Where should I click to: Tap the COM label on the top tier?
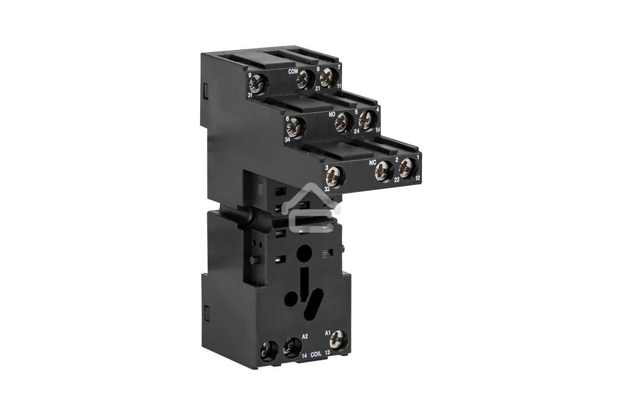(x=293, y=72)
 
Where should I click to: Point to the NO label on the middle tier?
(x=333, y=113)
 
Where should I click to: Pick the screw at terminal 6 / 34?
(x=294, y=125)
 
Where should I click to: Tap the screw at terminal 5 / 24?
(x=343, y=122)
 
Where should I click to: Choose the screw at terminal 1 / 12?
(x=407, y=167)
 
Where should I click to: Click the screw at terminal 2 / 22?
(x=383, y=169)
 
